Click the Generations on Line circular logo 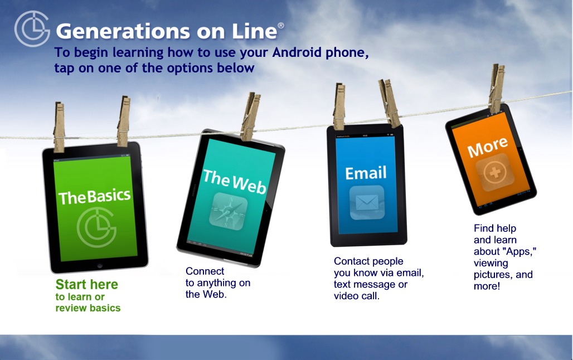click(32, 28)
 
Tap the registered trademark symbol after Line click(281, 25)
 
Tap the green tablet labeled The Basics click(95, 207)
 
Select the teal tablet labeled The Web click(231, 198)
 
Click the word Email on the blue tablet click(366, 173)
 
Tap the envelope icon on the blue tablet click(367, 202)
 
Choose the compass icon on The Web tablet click(228, 211)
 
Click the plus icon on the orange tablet click(495, 172)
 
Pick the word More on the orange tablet click(488, 147)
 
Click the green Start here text click(86, 284)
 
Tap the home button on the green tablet click(100, 265)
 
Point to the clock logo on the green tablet click(96, 227)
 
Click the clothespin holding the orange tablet click(497, 89)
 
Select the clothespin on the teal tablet click(251, 116)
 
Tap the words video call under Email click(356, 296)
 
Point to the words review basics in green click(88, 308)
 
